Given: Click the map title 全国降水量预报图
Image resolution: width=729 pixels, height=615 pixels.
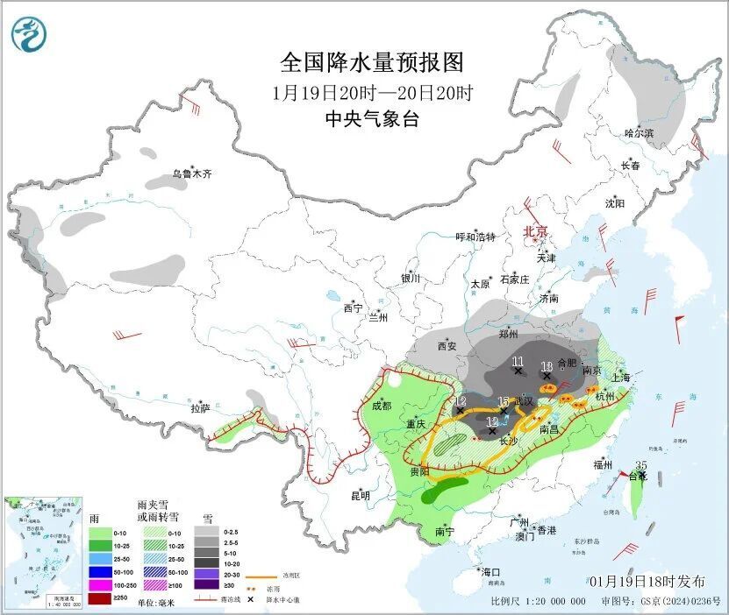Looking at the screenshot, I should (x=371, y=63).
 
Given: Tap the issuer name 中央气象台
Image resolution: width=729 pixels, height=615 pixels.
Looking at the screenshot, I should (x=371, y=119).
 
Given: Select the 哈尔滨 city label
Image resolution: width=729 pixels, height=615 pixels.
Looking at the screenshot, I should (x=639, y=133).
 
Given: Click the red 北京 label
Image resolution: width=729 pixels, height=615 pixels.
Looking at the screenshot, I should (x=535, y=231).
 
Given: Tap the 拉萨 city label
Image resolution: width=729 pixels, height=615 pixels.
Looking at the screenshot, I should (x=200, y=407).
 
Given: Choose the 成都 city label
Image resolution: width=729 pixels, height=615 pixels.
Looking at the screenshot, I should (x=382, y=406).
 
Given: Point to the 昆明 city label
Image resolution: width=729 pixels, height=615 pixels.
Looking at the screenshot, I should (x=361, y=496).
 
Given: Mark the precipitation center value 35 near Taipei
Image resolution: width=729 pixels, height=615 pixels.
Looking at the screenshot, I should (x=641, y=465).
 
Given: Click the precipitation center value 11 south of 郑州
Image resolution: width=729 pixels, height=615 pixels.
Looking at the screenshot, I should (x=518, y=361).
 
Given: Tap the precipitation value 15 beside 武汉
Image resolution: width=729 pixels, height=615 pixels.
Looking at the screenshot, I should (x=503, y=401).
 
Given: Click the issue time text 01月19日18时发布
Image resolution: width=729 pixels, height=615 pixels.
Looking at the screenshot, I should (x=647, y=582).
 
